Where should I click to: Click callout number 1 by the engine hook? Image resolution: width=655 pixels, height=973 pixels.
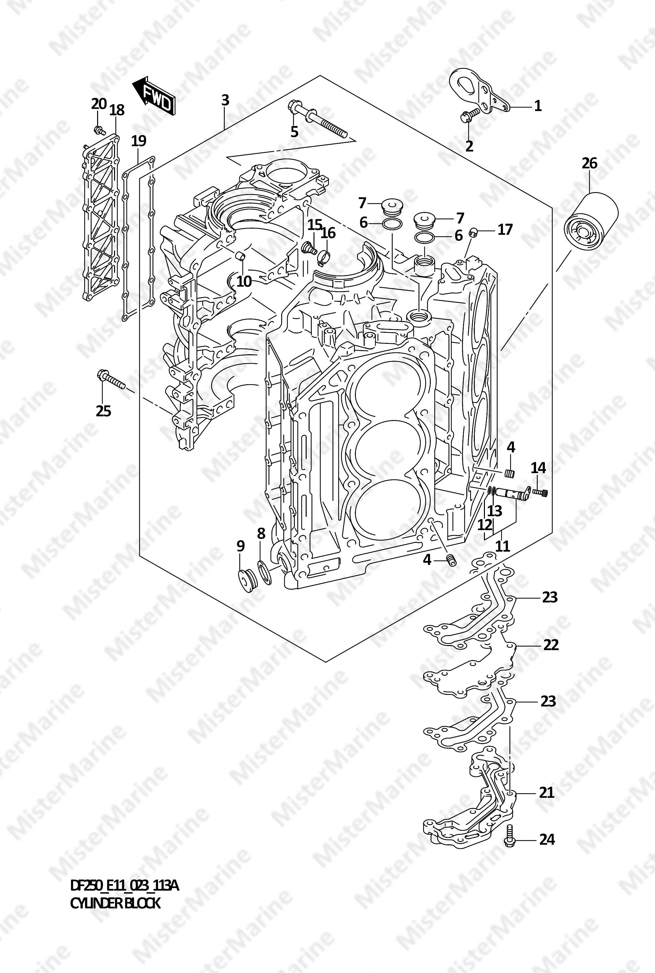pyautogui.click(x=538, y=106)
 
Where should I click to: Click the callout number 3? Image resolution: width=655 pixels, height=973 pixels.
pyautogui.click(x=225, y=100)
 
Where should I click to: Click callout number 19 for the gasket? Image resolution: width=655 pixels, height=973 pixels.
pyautogui.click(x=139, y=141)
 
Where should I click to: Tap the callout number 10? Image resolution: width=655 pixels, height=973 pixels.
pyautogui.click(x=244, y=282)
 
